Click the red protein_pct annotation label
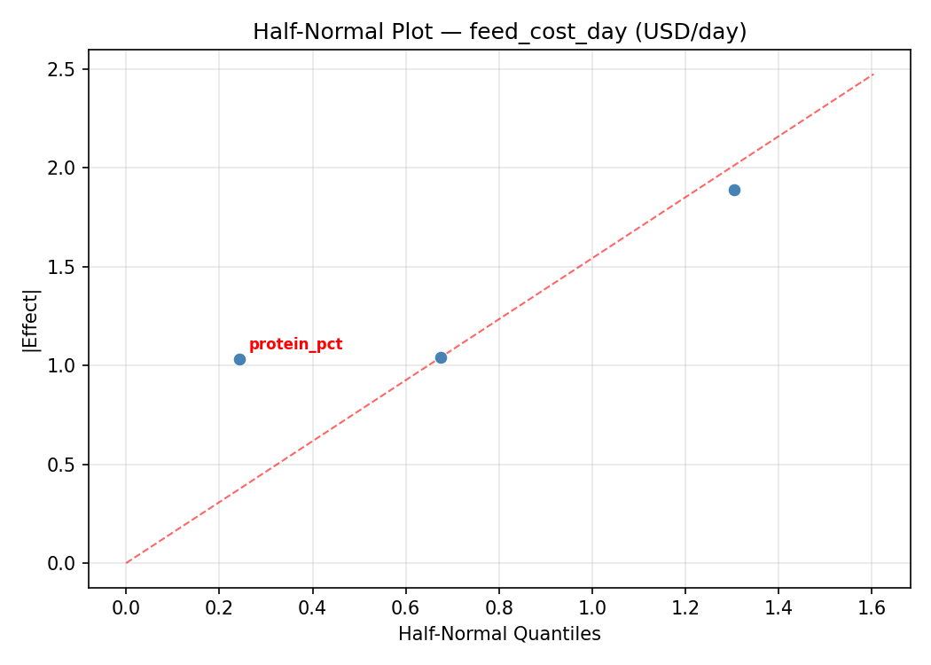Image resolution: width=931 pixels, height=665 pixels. pyautogui.click(x=295, y=345)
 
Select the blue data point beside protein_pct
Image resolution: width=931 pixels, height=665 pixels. pyautogui.click(x=239, y=359)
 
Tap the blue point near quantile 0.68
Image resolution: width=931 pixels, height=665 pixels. pyautogui.click(x=441, y=357)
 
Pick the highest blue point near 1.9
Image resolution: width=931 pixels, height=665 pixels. pyautogui.click(x=734, y=190)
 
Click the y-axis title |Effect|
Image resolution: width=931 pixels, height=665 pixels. pyautogui.click(x=32, y=319)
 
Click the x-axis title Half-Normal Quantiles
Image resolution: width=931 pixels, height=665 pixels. pyautogui.click(x=499, y=634)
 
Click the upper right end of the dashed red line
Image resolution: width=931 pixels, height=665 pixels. pyautogui.click(x=873, y=74)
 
